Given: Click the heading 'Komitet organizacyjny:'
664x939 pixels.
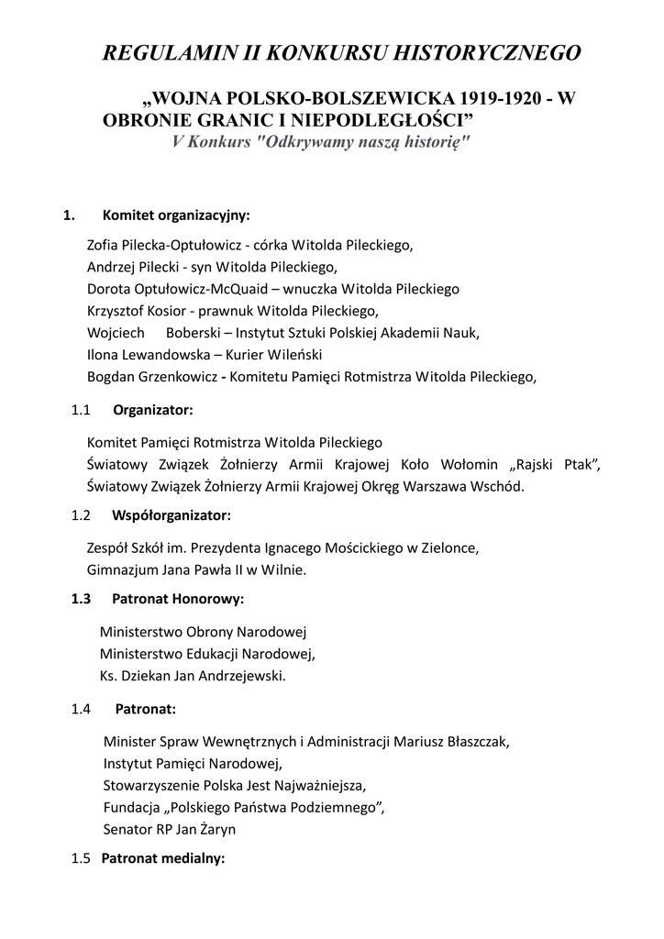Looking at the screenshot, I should (176, 215).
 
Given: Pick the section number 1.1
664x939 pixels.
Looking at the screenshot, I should (81, 410).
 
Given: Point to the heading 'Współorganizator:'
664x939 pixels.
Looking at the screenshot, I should (172, 515).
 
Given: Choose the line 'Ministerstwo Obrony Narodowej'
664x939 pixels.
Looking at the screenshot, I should (203, 633).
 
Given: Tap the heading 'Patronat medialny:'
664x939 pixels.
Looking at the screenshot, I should (162, 859).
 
